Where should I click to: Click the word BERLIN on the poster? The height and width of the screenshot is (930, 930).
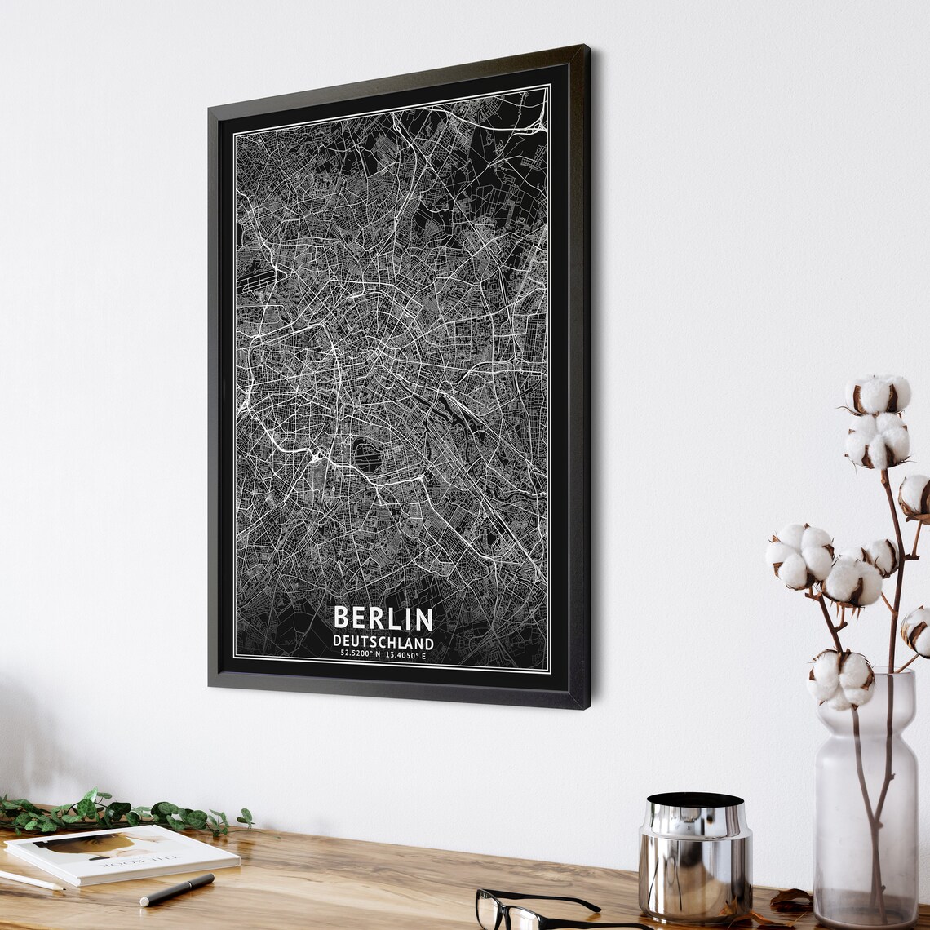click(x=383, y=619)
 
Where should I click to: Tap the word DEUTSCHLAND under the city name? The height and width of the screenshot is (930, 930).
click(x=383, y=644)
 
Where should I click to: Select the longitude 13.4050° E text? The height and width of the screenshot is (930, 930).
click(x=405, y=655)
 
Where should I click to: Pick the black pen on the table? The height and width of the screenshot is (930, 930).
click(x=176, y=889)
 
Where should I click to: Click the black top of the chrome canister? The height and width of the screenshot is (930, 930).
click(x=694, y=801)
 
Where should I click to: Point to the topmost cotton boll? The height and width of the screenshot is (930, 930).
click(x=878, y=394)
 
